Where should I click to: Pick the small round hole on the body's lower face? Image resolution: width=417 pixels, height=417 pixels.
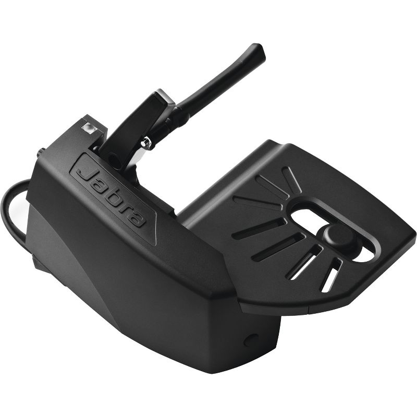[251, 339]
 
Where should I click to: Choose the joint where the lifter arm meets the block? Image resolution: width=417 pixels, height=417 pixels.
[177, 112]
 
